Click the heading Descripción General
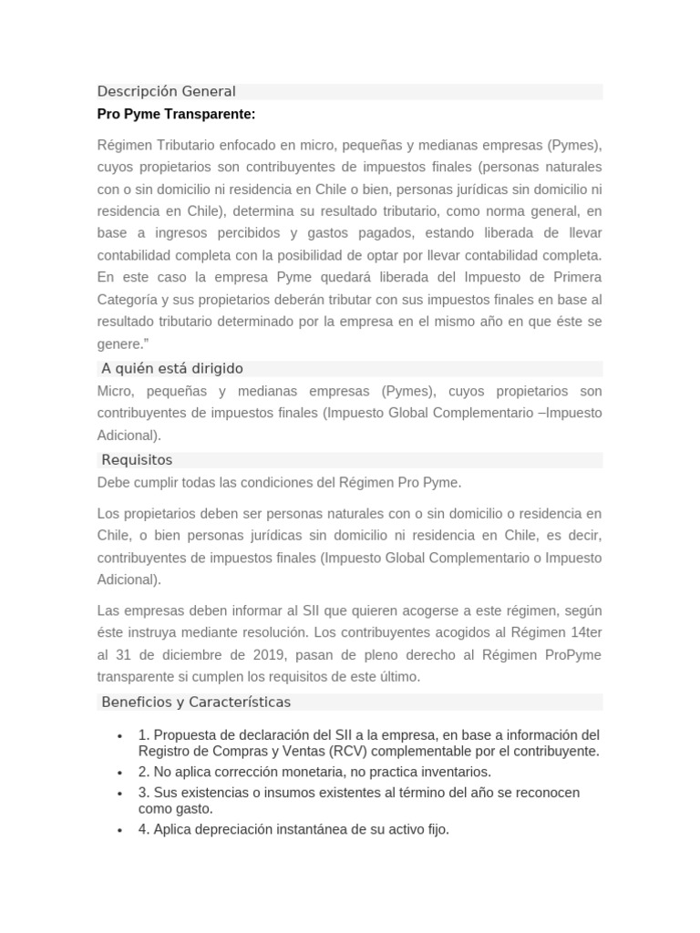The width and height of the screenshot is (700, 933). point(167,91)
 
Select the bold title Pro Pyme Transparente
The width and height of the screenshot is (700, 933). point(176,114)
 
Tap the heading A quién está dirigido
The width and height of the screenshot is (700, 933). point(172,368)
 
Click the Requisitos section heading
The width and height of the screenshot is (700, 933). point(137,460)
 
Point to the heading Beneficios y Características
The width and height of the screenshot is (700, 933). point(196,702)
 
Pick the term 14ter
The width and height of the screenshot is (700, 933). point(583,632)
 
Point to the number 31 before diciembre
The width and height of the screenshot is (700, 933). point(128,654)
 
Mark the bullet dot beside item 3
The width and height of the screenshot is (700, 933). point(120,794)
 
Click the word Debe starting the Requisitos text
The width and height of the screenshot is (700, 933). point(114,482)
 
